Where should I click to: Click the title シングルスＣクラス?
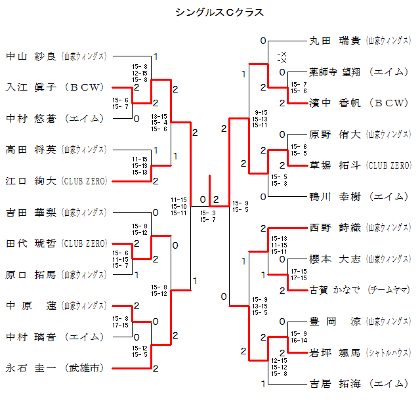point(210,12)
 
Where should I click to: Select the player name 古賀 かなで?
point(334,290)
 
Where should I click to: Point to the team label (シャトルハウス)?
point(388,352)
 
